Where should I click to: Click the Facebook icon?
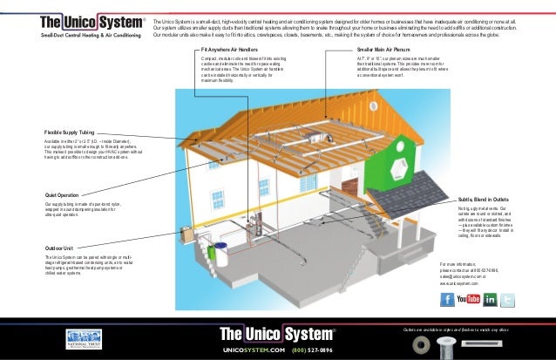coord(447,299)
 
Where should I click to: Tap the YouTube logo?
coord(468,299)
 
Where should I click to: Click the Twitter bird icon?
coord(509,299)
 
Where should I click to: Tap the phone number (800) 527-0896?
coord(311,349)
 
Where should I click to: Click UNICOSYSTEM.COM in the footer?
coord(254,349)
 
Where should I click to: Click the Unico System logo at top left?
coord(73,24)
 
